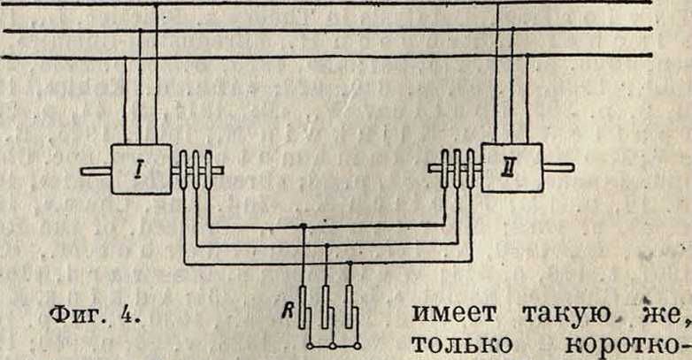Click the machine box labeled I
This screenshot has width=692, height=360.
point(141,170)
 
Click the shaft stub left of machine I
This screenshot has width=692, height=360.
point(96,171)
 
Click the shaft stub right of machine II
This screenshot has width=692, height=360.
point(557,167)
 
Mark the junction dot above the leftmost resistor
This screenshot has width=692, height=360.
point(303,226)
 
